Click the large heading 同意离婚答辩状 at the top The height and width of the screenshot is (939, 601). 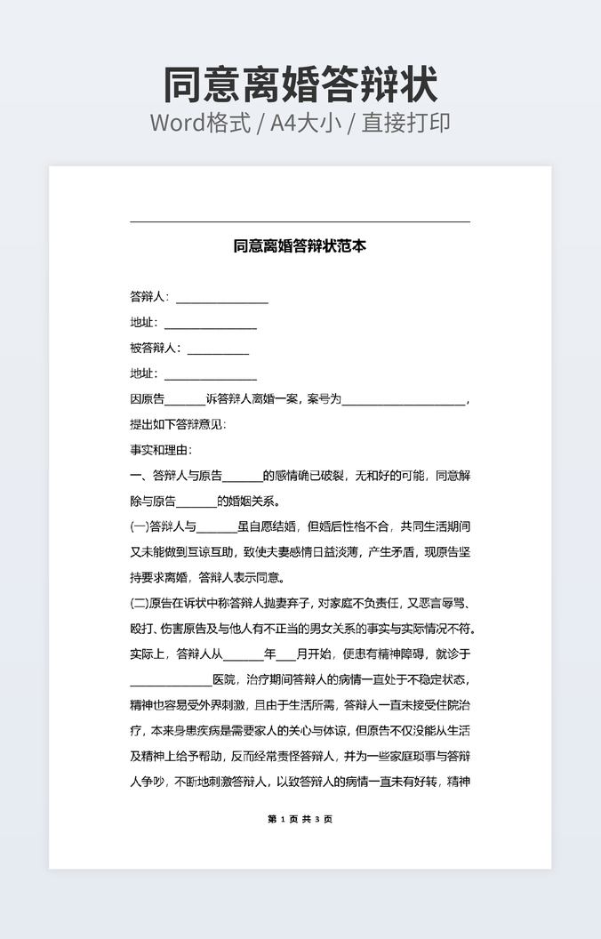[x=300, y=85]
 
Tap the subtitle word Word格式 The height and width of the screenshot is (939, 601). [x=199, y=123]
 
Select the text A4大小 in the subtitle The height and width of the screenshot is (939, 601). [x=307, y=123]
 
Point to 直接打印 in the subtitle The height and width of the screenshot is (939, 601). [x=405, y=123]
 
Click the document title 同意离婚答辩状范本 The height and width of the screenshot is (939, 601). [x=300, y=246]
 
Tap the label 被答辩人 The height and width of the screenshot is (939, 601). [x=154, y=349]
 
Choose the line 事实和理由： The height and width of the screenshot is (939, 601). [x=161, y=450]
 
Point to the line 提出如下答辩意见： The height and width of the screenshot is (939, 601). [x=178, y=425]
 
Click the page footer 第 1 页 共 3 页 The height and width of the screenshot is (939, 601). [x=300, y=819]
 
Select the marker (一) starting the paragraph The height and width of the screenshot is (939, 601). [x=140, y=526]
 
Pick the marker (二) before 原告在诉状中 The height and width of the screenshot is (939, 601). [x=140, y=604]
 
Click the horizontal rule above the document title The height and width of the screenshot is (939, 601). [x=300, y=221]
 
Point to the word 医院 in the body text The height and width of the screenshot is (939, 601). [x=224, y=680]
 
